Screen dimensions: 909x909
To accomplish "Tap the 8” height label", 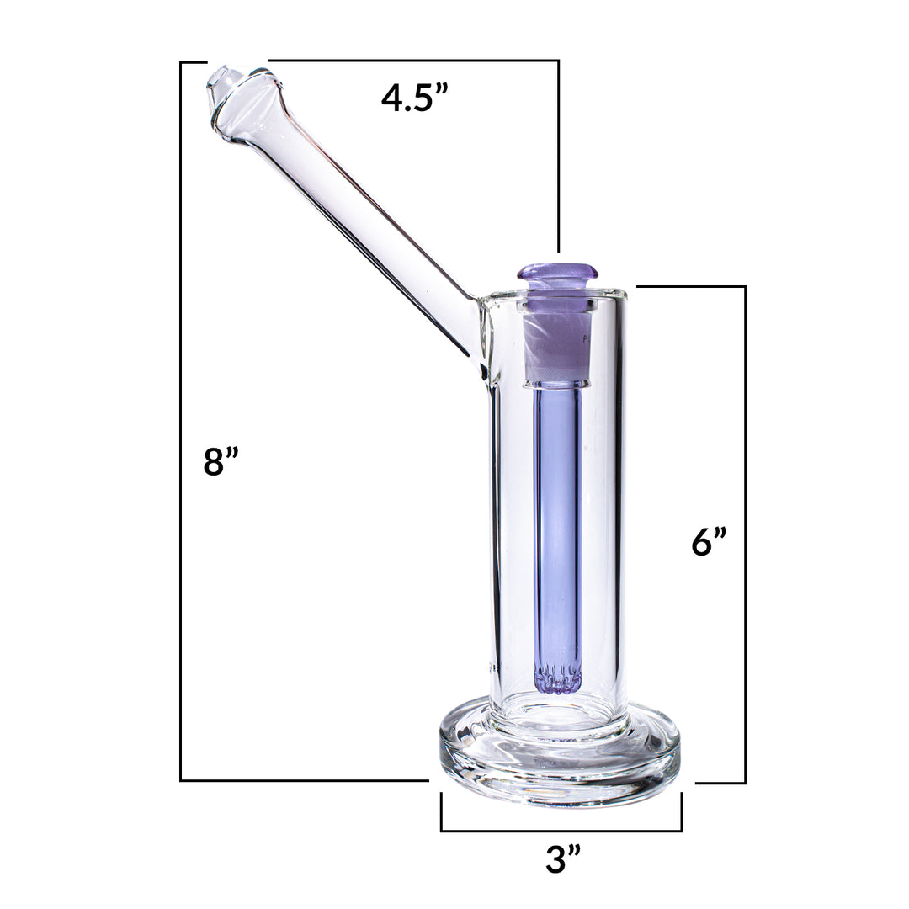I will (x=221, y=462).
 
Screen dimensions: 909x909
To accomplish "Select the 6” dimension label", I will (x=709, y=542).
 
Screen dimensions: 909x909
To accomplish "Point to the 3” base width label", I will (x=563, y=859).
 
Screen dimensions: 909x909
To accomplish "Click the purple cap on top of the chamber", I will (x=557, y=273).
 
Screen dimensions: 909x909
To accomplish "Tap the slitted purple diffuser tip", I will (x=558, y=678).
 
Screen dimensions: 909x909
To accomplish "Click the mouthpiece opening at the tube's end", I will (x=223, y=83).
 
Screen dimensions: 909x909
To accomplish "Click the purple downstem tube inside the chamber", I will (x=557, y=522).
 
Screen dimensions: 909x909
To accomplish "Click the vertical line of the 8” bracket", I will (x=181, y=421).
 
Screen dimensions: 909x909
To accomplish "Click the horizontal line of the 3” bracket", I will (x=561, y=831).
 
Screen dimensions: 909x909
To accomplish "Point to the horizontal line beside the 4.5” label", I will (x=412, y=61).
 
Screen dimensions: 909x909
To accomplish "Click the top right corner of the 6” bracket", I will (x=745, y=287).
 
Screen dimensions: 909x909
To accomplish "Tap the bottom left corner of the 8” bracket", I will (x=181, y=780).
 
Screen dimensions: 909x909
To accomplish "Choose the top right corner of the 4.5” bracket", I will (x=558, y=61).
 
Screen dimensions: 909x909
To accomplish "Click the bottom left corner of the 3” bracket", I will (x=442, y=831).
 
